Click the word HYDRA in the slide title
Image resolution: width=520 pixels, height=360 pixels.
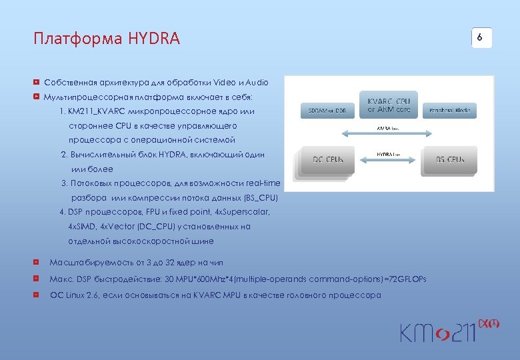click(x=157, y=39)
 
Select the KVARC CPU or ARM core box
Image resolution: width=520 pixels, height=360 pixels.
click(x=388, y=105)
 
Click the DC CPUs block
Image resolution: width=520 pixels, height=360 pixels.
click(x=327, y=160)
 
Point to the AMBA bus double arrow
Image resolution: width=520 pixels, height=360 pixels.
click(x=388, y=132)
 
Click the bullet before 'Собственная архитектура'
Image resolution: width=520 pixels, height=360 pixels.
click(x=37, y=83)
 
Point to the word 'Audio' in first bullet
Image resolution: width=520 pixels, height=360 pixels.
click(x=256, y=83)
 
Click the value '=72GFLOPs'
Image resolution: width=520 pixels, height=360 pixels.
click(x=403, y=279)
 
